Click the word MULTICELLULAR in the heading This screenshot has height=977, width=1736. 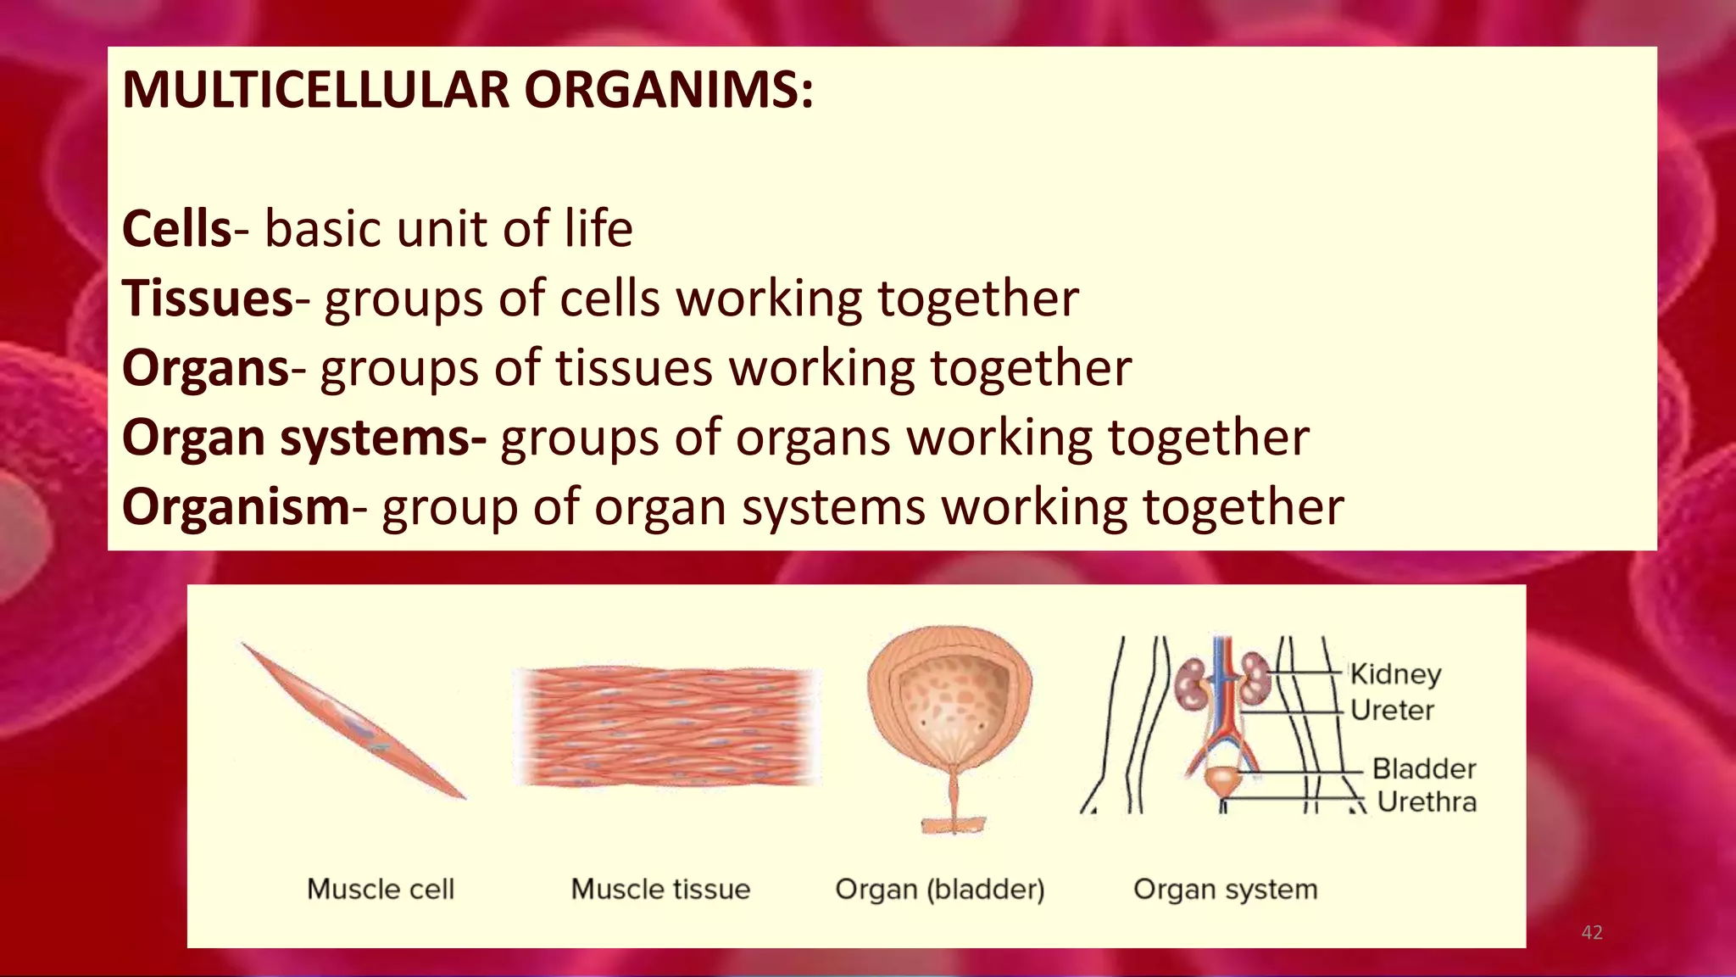pos(315,89)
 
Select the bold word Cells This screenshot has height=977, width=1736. pos(176,229)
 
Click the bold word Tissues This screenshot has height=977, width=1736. pos(208,299)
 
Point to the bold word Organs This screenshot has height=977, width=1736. pos(206,368)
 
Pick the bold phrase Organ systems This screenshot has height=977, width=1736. pos(303,438)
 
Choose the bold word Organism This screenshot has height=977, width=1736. pos(236,507)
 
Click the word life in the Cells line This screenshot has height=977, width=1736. pos(598,229)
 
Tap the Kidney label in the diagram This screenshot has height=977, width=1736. pos(1395,674)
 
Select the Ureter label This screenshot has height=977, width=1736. pos(1392,710)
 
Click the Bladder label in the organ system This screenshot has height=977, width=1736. pos(1424,769)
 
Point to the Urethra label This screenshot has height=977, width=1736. pos(1427,801)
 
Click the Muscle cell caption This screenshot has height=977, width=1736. pos(381,889)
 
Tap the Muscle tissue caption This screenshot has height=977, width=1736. pos(660,889)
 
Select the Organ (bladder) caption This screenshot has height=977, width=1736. pos(939,889)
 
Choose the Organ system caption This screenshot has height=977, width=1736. pos(1225,889)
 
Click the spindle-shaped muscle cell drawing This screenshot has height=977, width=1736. pos(354,721)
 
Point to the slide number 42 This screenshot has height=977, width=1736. pos(1592,933)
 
